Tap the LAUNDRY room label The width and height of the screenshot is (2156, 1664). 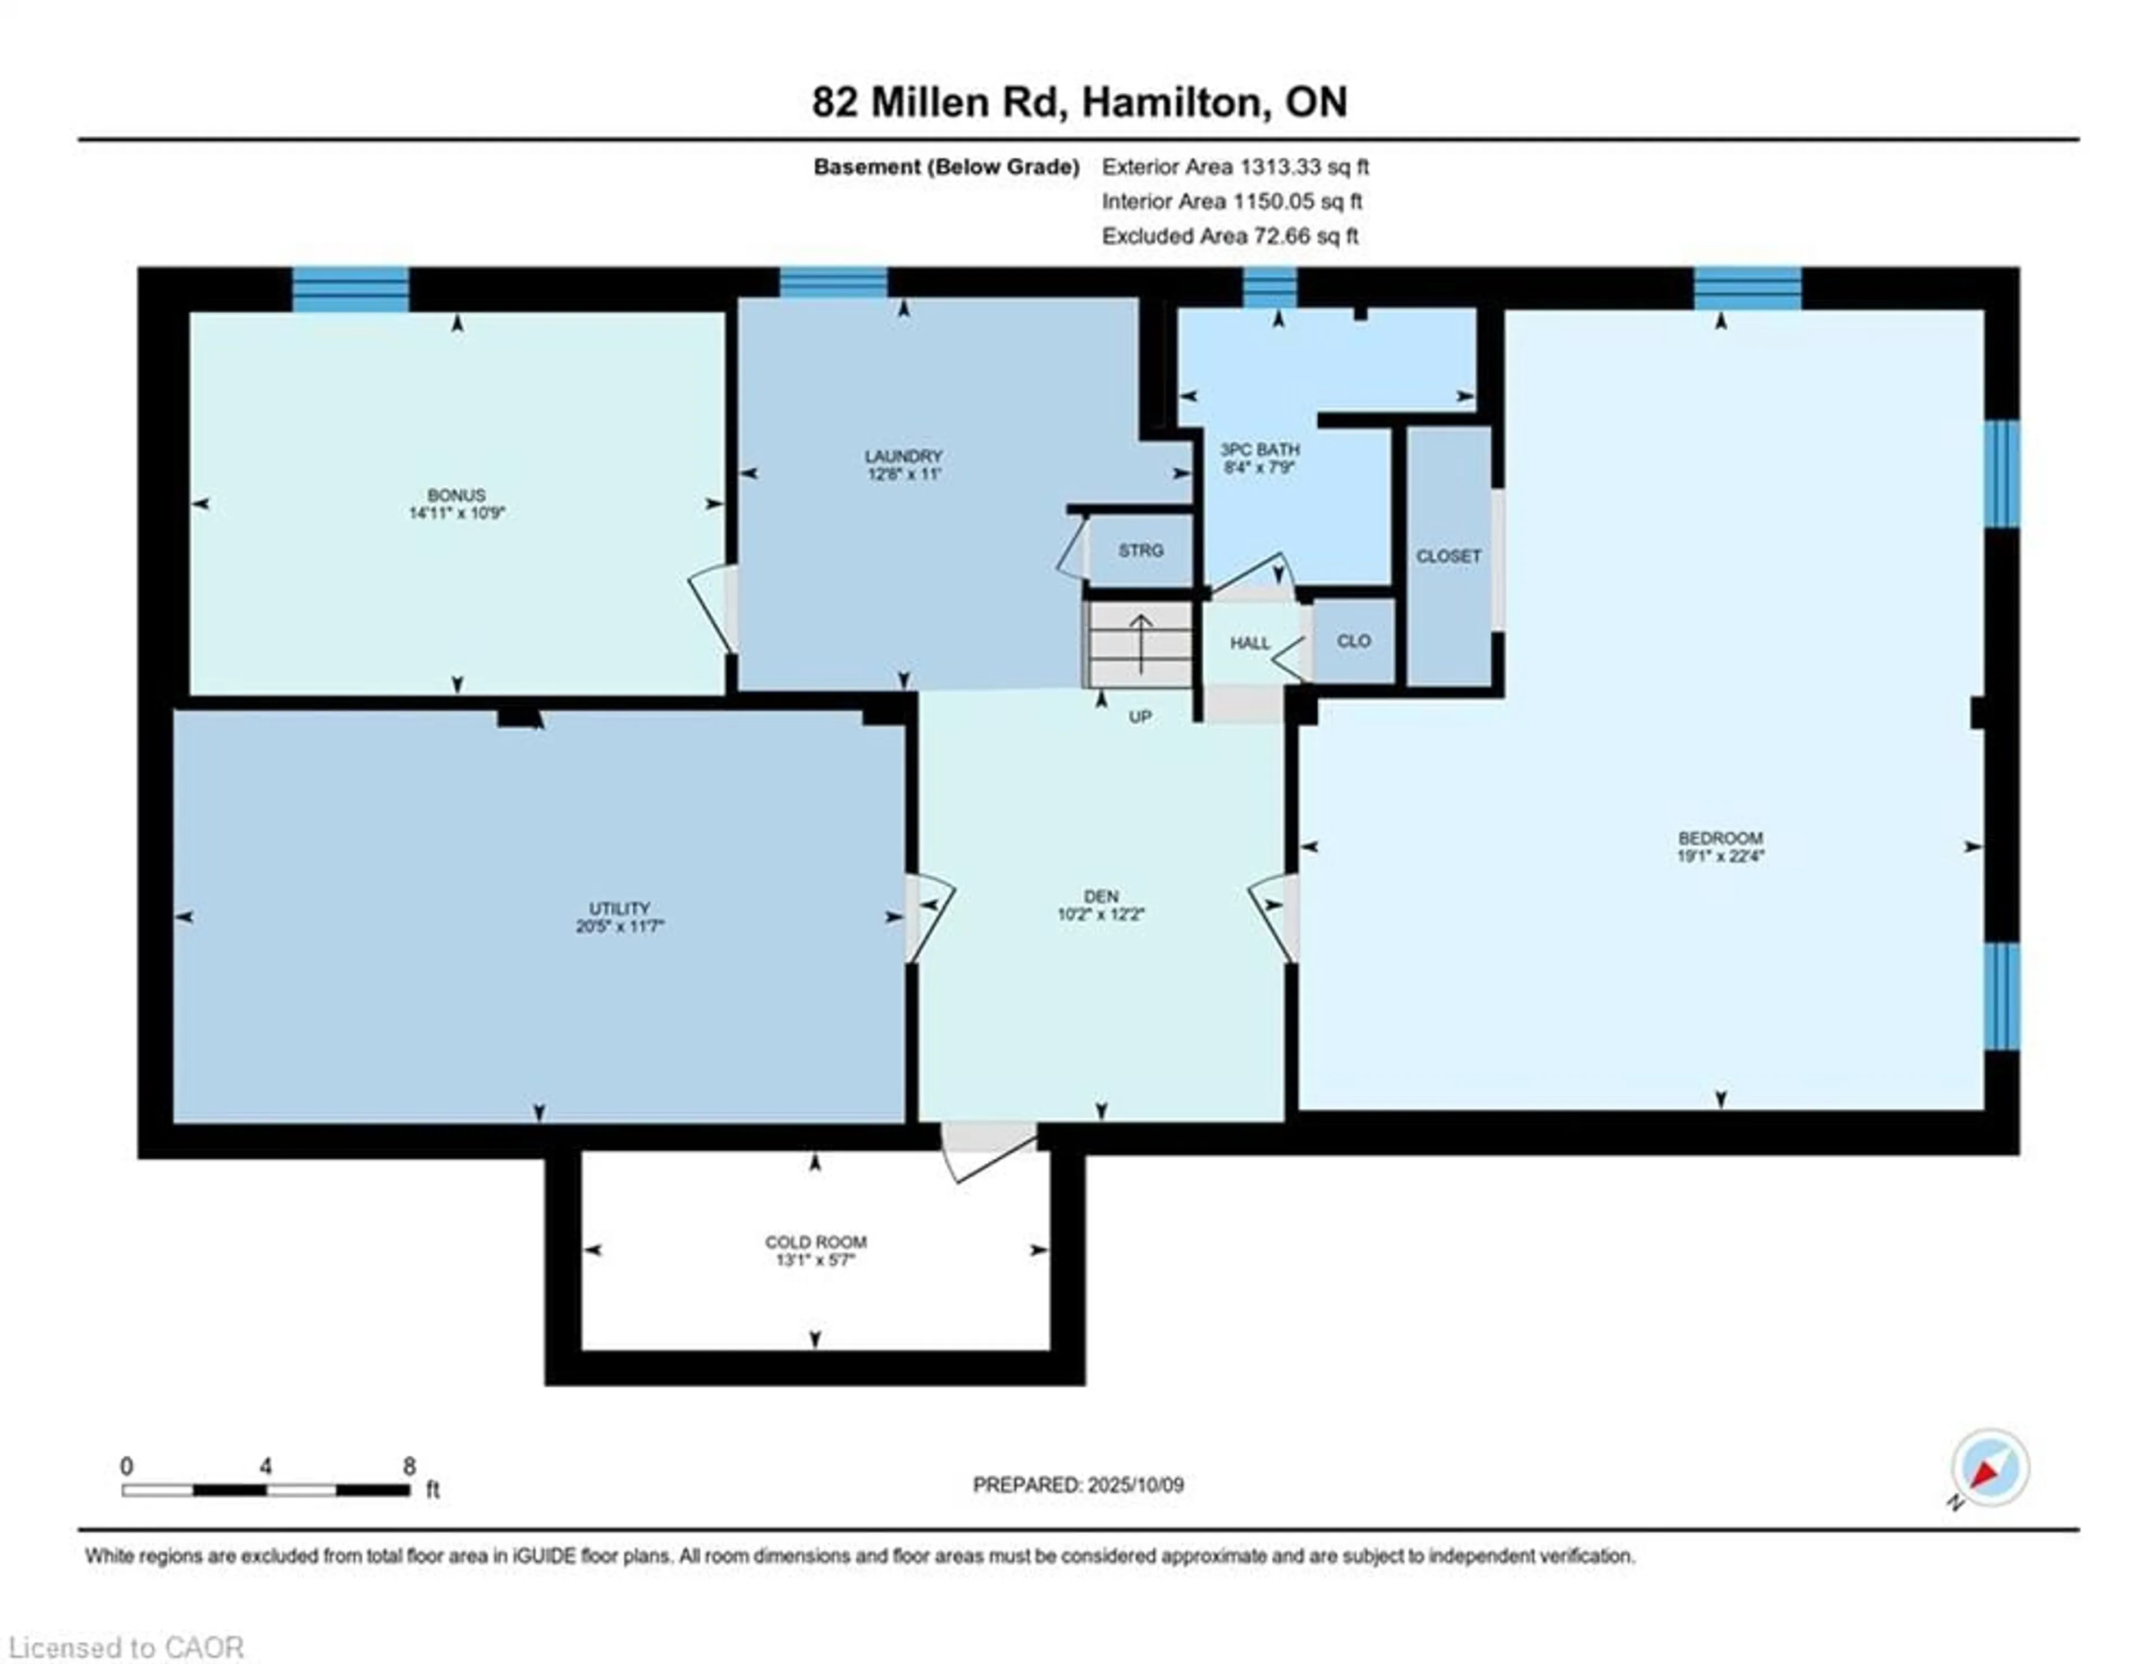click(903, 456)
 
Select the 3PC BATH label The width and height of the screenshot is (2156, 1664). click(1260, 449)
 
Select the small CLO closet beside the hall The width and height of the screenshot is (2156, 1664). click(1354, 642)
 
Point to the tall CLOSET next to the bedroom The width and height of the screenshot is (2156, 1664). click(1448, 556)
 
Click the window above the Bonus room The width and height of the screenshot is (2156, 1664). click(350, 289)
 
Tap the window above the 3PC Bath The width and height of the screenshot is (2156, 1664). click(1269, 287)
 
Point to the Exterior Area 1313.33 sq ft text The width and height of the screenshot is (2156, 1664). click(1235, 167)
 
